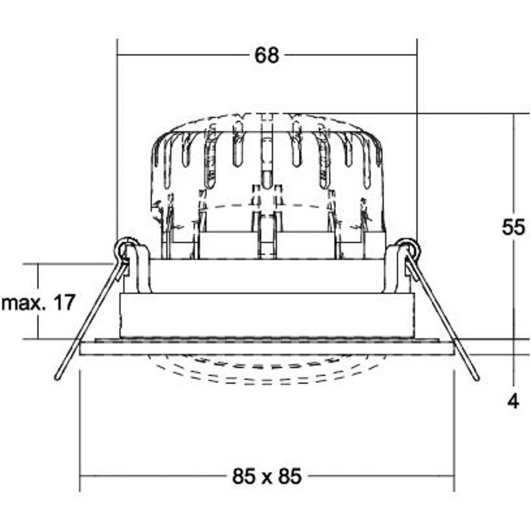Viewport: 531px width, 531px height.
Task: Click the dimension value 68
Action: pos(267,55)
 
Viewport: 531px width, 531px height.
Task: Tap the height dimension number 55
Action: pos(513,227)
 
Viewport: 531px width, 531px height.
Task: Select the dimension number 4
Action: pos(513,402)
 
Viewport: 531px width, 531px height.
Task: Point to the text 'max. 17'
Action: pos(38,303)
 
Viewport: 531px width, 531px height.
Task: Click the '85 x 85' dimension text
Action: pos(267,476)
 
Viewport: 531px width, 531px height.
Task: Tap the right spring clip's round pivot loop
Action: pos(409,248)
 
